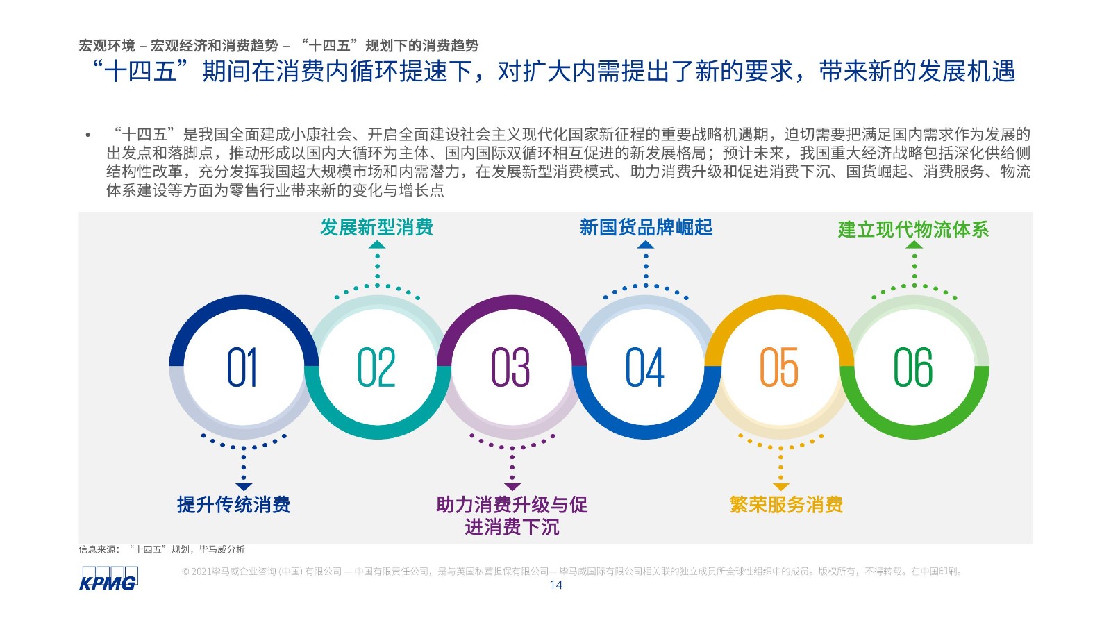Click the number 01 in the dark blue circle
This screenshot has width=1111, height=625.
point(242,367)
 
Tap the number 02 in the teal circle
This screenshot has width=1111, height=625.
point(376,367)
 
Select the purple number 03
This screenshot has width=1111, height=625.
point(510,367)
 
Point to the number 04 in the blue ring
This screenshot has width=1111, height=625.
point(645,367)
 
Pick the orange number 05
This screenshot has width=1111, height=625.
point(779,367)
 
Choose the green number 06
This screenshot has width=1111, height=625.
point(913,367)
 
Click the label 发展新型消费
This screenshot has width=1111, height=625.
point(376,227)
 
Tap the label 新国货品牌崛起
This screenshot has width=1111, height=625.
point(646,227)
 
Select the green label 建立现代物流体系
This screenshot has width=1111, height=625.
point(914,230)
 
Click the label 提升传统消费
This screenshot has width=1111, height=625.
point(233,504)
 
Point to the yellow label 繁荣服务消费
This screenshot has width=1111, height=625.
point(786,504)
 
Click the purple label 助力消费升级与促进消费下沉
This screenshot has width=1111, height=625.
point(512,516)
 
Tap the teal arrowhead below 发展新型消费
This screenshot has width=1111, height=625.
point(377,244)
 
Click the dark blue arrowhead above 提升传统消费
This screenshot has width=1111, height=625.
point(244,487)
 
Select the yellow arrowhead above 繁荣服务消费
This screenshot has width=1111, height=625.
point(780,487)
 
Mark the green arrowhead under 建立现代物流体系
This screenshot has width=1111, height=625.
point(914,244)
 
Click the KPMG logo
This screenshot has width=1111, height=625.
point(108,578)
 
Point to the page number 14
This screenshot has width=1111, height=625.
point(556,585)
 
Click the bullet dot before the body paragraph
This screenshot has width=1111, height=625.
point(88,135)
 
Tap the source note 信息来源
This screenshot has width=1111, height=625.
point(162,549)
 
